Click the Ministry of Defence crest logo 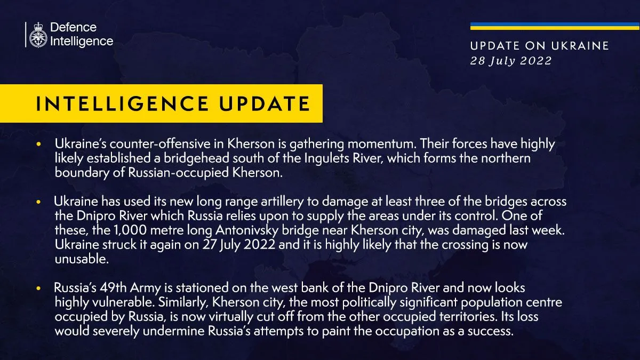tap(37, 35)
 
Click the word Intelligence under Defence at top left tap(82, 41)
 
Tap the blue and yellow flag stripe tap(555, 26)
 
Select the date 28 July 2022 tap(511, 61)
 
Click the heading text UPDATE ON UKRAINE tap(539, 46)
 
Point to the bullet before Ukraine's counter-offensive tap(38, 145)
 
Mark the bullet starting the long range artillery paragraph tap(38, 203)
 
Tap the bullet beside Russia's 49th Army tap(38, 289)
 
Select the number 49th tap(114, 289)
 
